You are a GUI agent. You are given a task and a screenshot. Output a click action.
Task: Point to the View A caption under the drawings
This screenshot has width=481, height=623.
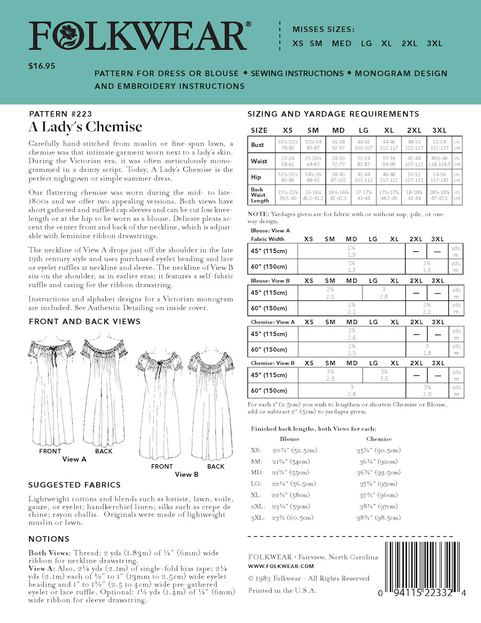tap(74, 459)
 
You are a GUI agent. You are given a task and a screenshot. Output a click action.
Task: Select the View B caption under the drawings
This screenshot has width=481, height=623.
tap(187, 474)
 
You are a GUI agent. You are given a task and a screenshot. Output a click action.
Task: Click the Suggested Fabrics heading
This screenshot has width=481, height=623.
tap(74, 485)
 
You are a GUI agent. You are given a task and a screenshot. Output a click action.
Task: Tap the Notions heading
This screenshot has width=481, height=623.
tap(49, 539)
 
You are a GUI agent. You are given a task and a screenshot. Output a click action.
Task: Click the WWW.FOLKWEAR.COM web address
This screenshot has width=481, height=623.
tap(281, 566)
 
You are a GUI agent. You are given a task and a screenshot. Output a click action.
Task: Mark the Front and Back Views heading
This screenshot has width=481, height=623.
tap(84, 321)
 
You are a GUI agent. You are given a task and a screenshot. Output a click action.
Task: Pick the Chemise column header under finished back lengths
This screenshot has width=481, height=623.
tap(379, 439)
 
